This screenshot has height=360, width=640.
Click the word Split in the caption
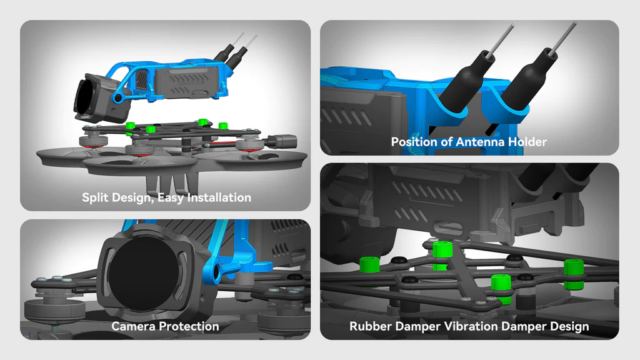(95, 197)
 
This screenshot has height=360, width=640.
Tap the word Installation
(219, 197)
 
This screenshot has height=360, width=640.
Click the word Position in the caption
(414, 142)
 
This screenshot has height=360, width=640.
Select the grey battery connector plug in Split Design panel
(281, 142)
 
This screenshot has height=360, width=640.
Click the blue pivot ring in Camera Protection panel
(215, 271)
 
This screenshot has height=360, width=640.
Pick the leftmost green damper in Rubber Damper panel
(370, 264)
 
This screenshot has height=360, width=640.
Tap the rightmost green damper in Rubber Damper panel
(574, 274)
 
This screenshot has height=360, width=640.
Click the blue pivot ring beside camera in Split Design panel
(118, 97)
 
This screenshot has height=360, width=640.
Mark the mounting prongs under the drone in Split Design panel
(173, 183)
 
